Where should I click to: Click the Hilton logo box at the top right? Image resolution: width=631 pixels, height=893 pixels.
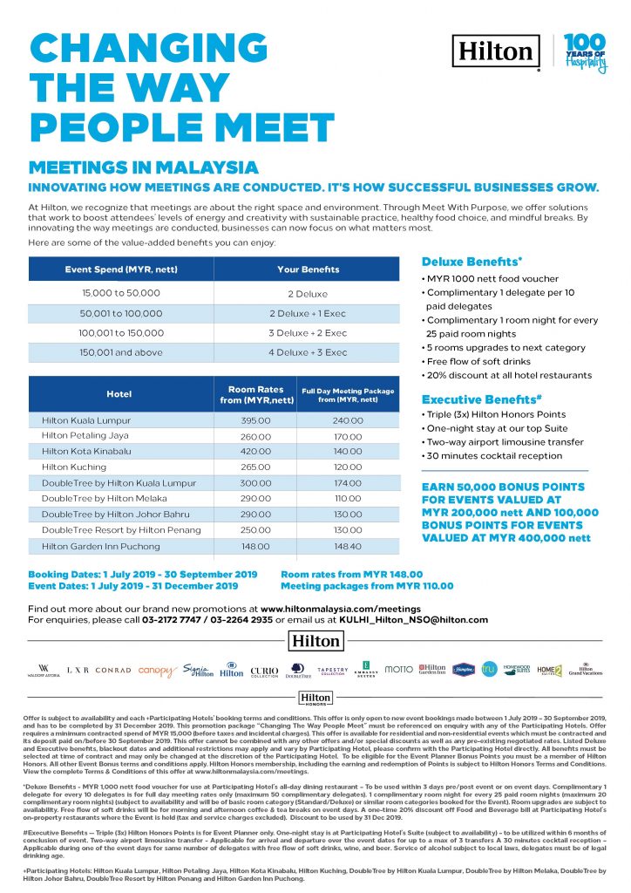495,51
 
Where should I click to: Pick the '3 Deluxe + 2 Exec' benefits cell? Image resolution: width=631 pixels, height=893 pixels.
308,333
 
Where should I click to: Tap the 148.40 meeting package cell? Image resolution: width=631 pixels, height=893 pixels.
348,546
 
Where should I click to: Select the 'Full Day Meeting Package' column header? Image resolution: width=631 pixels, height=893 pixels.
347,393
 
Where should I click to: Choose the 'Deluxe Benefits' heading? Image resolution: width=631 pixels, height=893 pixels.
472,262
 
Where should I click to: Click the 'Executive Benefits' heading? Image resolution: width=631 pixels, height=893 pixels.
478,399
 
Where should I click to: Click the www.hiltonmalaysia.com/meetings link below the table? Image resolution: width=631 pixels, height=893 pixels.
341,608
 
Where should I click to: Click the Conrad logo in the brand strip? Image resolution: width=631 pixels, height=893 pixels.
113,671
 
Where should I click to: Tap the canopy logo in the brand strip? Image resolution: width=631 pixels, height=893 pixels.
157,671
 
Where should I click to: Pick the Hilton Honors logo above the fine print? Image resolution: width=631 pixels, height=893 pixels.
315,699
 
